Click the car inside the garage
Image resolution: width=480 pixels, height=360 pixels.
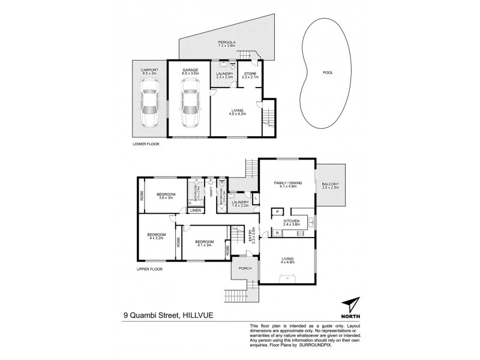coord(189,108)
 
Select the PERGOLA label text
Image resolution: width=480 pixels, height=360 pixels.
coord(225,42)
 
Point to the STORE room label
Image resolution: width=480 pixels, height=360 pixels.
coord(249,74)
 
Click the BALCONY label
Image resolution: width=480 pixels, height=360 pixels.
coord(330,185)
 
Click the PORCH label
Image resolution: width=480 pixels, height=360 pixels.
coord(244,268)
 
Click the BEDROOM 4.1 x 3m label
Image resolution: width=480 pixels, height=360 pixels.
coord(203,242)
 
